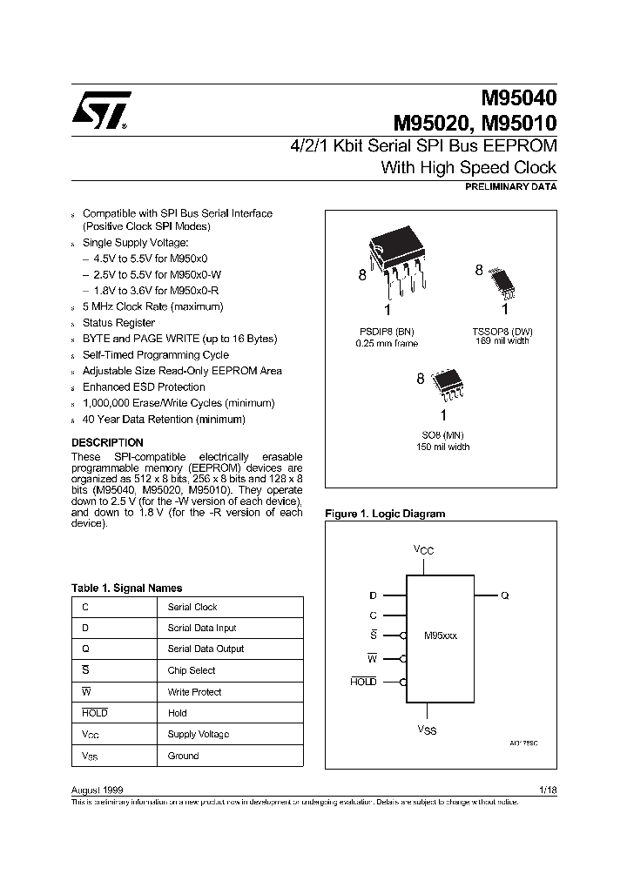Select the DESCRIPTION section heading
[107, 442]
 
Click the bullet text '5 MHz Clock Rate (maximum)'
[152, 306]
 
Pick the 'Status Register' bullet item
[118, 323]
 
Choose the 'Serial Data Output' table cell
[206, 649]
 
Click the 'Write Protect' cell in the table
[194, 692]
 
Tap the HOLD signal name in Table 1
[94, 713]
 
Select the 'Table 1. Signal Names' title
[126, 588]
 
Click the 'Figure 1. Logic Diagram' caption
[384, 514]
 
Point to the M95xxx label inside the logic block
[440, 636]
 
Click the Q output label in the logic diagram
[505, 595]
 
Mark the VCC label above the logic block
[424, 551]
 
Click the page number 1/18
[548, 789]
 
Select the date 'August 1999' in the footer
[97, 789]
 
